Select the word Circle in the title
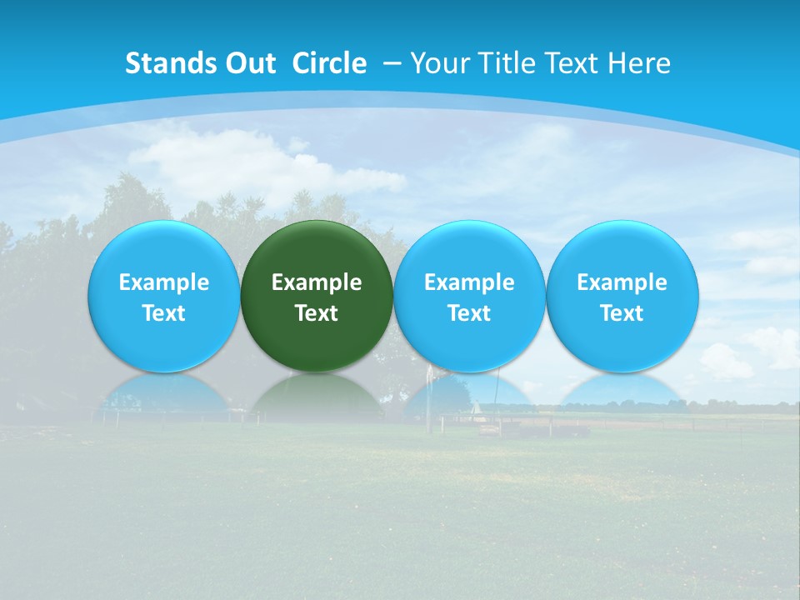click(x=329, y=63)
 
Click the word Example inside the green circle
click(x=317, y=282)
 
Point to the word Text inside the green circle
click(x=317, y=313)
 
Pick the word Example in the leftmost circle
click(x=163, y=282)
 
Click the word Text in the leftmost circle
click(x=163, y=313)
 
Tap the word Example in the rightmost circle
click(x=622, y=282)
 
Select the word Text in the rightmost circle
click(x=622, y=313)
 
